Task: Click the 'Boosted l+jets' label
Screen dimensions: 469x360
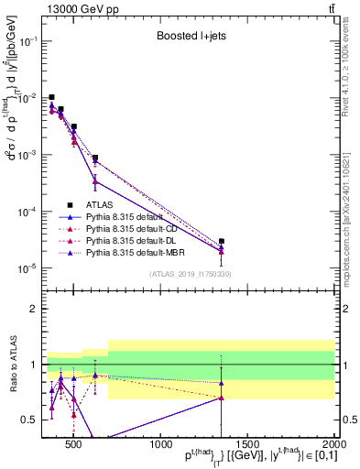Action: point(190,37)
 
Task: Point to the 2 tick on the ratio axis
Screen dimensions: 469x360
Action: point(37,309)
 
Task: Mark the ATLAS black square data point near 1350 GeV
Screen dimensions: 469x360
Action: point(222,241)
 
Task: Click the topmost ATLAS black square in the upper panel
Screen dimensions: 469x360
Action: point(52,97)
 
